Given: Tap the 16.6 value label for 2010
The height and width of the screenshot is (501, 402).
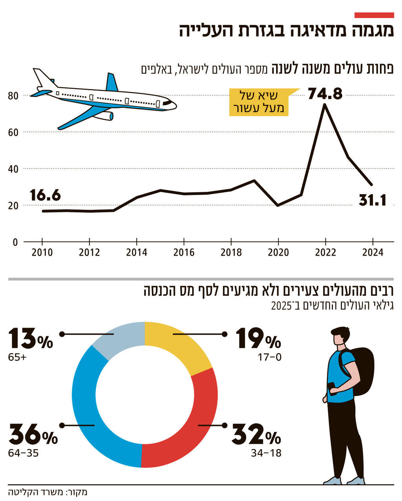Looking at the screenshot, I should click(x=45, y=195).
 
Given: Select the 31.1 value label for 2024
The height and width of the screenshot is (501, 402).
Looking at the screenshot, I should click(x=373, y=200).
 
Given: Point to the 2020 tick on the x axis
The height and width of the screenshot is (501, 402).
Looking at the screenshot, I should click(x=278, y=252).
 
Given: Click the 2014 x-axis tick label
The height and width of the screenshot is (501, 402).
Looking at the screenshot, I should click(x=137, y=252).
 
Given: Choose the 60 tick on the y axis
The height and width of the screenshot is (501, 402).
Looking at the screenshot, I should click(x=13, y=132).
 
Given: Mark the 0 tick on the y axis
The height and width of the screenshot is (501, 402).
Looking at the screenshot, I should click(x=15, y=242).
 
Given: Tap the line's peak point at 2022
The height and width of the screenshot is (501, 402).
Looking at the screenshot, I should click(x=325, y=104).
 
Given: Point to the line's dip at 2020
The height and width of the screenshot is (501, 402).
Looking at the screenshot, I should click(x=278, y=205).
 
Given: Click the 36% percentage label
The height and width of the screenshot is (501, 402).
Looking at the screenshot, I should click(x=33, y=434).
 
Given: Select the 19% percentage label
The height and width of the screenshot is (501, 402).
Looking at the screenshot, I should click(x=258, y=338).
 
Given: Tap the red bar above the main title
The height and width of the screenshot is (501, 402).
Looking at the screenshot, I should click(x=374, y=15).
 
